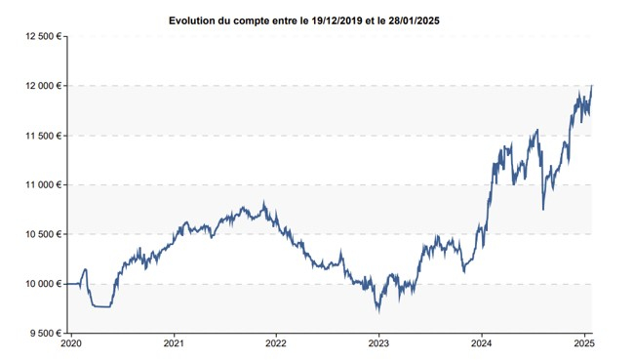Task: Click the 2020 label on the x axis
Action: [x=71, y=343]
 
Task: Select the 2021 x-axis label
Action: [x=174, y=343]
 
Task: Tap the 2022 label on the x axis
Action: [x=276, y=343]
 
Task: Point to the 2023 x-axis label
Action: [x=379, y=343]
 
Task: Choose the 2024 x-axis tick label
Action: [x=482, y=343]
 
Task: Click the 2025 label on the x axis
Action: [x=584, y=343]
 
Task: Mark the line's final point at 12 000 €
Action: [x=592, y=86]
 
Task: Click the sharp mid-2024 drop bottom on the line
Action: [x=543, y=207]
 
